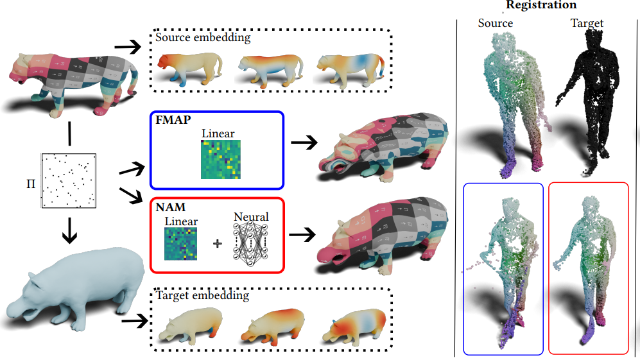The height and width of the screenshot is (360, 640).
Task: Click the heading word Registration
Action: click(x=541, y=5)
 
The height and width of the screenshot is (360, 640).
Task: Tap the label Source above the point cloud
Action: click(x=495, y=23)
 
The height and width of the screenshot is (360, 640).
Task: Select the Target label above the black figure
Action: click(x=587, y=23)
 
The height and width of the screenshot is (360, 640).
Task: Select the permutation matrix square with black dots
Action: click(x=68, y=180)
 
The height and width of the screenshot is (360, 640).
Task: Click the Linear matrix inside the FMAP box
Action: click(x=218, y=162)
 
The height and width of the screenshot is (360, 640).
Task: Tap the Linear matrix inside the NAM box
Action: click(x=180, y=244)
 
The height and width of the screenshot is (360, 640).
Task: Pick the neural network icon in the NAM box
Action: click(x=251, y=244)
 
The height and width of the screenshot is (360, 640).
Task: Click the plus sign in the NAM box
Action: click(x=216, y=244)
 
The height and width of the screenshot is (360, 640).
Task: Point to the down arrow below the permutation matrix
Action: click(x=67, y=230)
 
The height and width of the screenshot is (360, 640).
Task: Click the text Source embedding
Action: click(x=203, y=37)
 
